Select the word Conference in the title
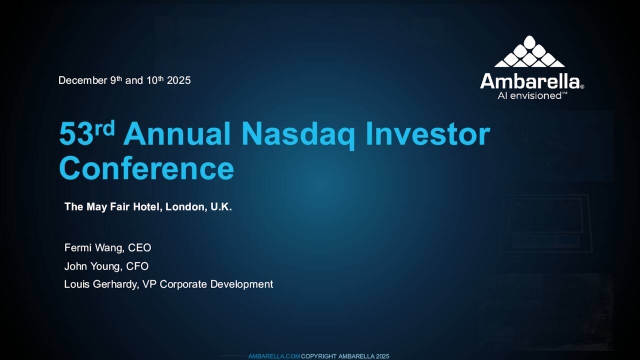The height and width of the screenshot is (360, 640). coord(146,167)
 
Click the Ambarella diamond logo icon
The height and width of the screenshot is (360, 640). coord(530,51)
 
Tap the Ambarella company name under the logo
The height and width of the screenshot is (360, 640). coord(530,81)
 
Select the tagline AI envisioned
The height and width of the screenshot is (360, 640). coord(530,97)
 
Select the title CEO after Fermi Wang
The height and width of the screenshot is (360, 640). coord(139,247)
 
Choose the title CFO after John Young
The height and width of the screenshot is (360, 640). coord(136,266)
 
